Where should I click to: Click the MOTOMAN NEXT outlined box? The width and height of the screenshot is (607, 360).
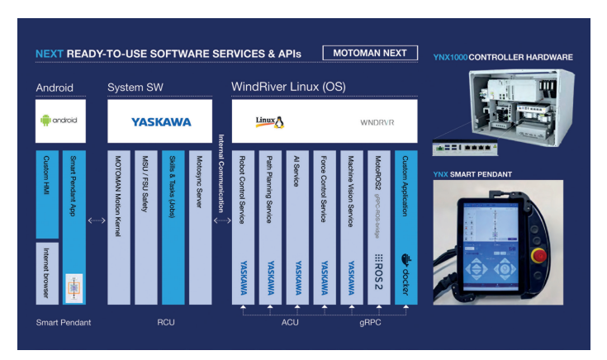pyautogui.click(x=370, y=53)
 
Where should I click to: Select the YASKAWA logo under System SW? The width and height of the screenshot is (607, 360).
pyautogui.click(x=160, y=121)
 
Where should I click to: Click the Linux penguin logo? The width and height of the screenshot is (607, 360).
pyautogui.click(x=269, y=121)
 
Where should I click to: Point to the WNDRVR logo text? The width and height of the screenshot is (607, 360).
pyautogui.click(x=377, y=122)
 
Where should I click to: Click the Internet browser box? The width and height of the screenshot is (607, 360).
pyautogui.click(x=46, y=273)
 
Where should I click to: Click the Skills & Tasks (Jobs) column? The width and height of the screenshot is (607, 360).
pyautogui.click(x=173, y=226)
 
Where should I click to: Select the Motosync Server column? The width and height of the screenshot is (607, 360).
pyautogui.click(x=200, y=226)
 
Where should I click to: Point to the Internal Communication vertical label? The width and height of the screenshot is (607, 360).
pyautogui.click(x=221, y=173)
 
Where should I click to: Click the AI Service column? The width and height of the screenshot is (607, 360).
pyautogui.click(x=296, y=226)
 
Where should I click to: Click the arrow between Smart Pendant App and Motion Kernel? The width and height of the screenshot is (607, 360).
pyautogui.click(x=96, y=220)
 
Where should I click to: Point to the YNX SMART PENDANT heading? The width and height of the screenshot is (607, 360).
pyautogui.click(x=473, y=174)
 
